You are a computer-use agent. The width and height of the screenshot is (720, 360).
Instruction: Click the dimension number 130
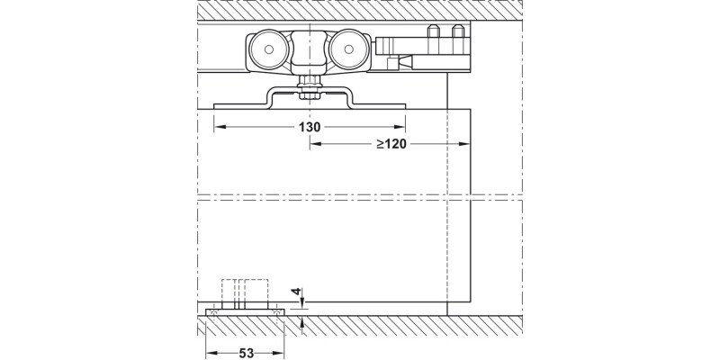pos(310,127)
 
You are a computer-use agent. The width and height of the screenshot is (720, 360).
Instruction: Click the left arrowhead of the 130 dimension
pos(219,127)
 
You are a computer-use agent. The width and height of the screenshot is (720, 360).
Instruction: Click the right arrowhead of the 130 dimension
pos(400,127)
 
